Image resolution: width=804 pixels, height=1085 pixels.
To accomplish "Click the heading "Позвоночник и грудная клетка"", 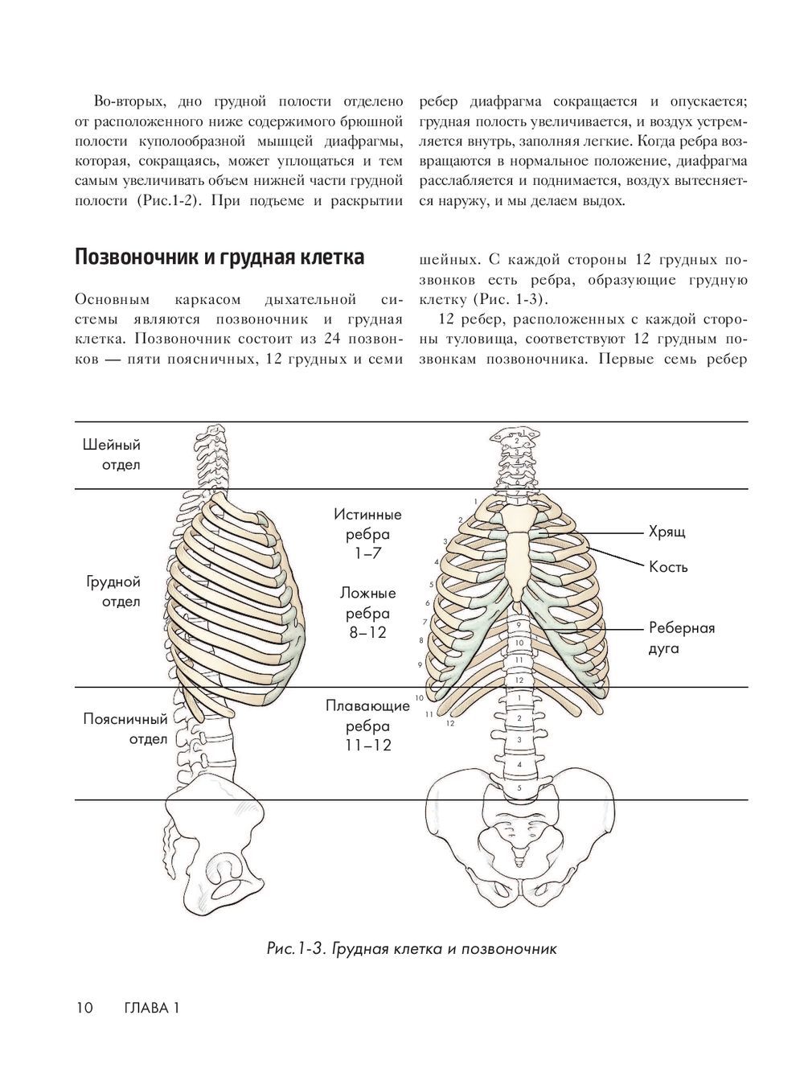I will coord(219,257).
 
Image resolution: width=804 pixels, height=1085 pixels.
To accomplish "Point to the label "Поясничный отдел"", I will coord(125,729).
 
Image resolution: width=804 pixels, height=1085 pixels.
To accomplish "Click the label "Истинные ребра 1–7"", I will coord(367,533).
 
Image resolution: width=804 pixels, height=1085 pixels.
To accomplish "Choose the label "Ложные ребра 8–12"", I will coord(367,612).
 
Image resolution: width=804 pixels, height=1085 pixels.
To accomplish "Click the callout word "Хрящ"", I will coord(667,532).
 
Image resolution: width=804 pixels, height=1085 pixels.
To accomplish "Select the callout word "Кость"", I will coord(668,567).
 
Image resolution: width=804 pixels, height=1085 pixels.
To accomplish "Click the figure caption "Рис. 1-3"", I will coord(411,948).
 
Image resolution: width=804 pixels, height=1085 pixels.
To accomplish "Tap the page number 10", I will coord(85,1008).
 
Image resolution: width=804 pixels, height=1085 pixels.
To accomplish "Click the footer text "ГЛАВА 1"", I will coord(151,1008).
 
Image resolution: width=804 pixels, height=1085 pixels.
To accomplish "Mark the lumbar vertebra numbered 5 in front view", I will coord(519,787).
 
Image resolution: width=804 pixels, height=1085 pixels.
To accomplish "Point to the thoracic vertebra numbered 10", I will coord(519,643).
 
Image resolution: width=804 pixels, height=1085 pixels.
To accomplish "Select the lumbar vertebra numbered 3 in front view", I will coord(519,740).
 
